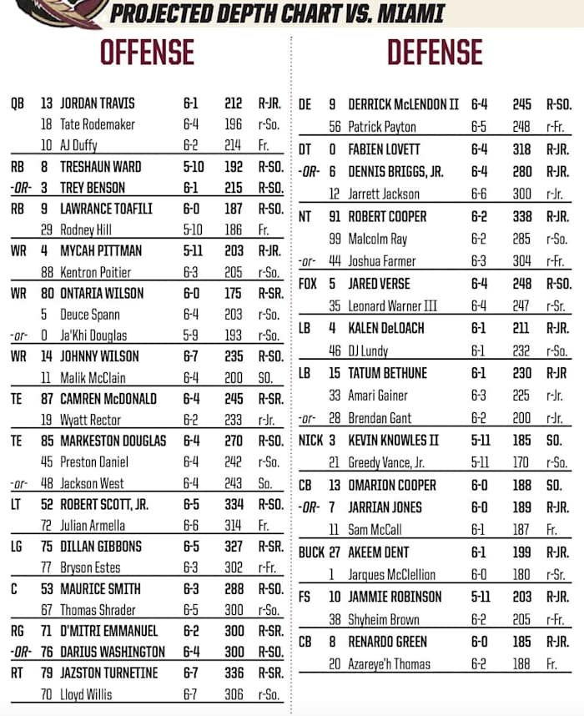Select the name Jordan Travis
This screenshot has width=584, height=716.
[x=98, y=104]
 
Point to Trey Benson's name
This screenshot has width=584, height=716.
[x=93, y=189]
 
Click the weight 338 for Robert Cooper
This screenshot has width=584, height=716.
[x=521, y=217]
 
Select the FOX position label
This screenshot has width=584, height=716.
[x=309, y=285]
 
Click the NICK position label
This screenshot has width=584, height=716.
[x=310, y=441]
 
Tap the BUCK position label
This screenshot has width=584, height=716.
[x=311, y=552]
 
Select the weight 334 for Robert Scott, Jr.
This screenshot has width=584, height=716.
[x=234, y=504]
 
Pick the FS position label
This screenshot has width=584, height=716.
[x=305, y=598]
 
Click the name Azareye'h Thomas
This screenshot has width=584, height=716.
[x=390, y=664]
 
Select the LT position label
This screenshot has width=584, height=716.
[x=17, y=504]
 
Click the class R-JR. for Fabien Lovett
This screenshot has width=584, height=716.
[x=557, y=150]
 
